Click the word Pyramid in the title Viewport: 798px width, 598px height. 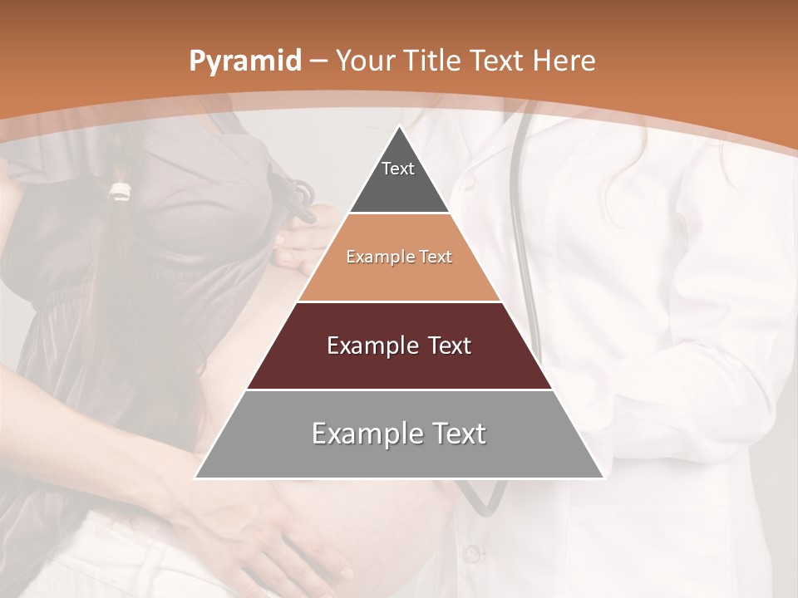point(244,61)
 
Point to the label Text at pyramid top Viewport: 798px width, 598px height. point(397,169)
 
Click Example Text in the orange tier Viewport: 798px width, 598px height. point(399,257)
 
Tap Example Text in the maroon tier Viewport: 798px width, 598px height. point(399,346)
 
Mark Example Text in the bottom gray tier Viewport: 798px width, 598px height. point(399,434)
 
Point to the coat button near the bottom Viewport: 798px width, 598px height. point(471,551)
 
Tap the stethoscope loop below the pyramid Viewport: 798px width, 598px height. point(482,498)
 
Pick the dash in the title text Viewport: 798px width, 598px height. point(318,61)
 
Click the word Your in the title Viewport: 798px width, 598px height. point(362,61)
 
